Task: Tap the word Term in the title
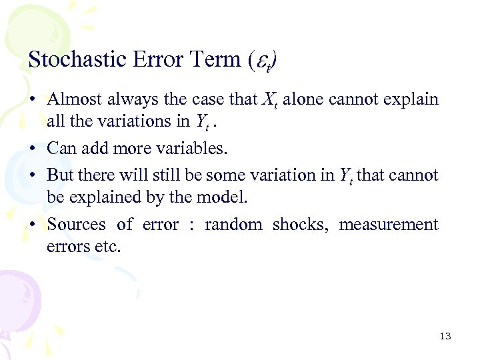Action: [219, 60]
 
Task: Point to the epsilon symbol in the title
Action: [263, 61]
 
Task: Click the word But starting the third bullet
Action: [60, 175]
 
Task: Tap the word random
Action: [233, 225]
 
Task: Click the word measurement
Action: [389, 225]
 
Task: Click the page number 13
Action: [445, 336]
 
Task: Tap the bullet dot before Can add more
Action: [32, 149]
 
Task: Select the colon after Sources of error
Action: [191, 225]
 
